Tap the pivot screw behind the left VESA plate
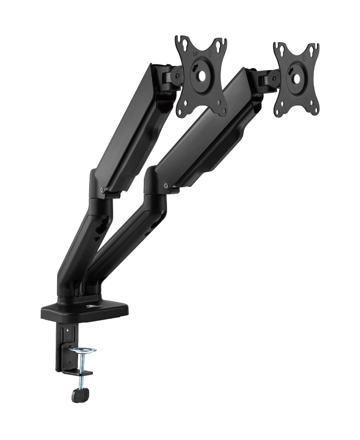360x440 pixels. click(x=177, y=76)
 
